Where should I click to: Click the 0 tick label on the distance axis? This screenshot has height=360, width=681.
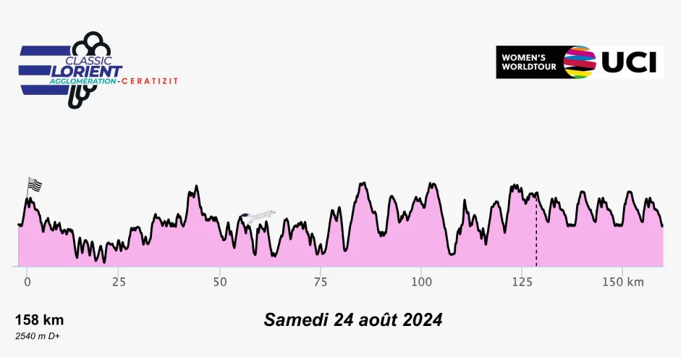coord(28,282)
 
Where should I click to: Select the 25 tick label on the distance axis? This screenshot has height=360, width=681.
coord(119,282)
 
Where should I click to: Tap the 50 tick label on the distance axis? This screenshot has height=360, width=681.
coord(220,282)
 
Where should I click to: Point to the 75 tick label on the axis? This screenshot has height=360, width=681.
coord(321,282)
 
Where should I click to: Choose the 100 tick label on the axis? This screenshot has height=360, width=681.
coord(422,282)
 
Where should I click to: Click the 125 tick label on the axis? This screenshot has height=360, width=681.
coord(523,282)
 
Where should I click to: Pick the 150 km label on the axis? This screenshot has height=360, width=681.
coord(623,282)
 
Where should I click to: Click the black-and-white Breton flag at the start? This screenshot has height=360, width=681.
coord(35,185)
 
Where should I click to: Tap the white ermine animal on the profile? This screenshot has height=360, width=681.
coord(258,216)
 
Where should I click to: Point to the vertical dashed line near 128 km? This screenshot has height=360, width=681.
coord(536,230)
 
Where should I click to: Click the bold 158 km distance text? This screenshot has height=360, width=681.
coord(40,320)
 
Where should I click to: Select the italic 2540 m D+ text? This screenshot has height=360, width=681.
coord(38,336)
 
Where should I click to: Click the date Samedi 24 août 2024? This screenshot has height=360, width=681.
coord(353,320)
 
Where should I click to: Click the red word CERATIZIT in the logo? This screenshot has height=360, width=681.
coord(150,81)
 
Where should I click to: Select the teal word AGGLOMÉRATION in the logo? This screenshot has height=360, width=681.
coord(83,81)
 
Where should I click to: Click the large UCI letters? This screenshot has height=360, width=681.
coord(629,62)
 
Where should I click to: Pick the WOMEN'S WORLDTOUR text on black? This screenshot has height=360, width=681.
coord(529,62)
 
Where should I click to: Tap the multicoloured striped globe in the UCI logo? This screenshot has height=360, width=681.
coord(580,62)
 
